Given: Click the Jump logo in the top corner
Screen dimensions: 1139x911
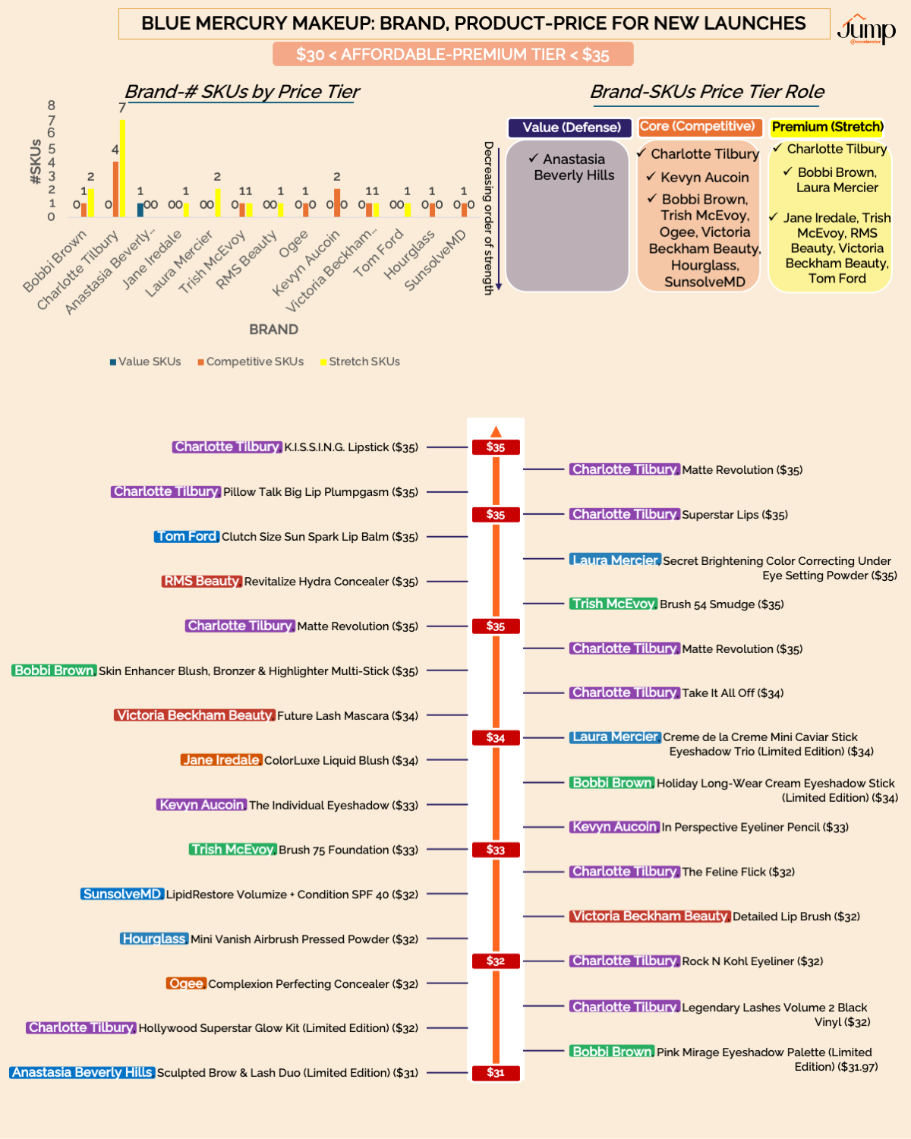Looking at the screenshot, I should click(x=866, y=29).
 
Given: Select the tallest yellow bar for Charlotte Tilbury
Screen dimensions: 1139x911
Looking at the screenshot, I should click(x=122, y=167).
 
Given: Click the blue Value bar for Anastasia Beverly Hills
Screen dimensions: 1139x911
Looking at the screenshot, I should click(x=140, y=210).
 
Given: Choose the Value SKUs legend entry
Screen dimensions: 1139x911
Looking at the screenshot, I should click(x=146, y=361).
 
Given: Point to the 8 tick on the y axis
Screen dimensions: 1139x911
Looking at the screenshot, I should click(x=52, y=106).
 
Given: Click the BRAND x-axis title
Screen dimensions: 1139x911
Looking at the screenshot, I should click(x=273, y=330).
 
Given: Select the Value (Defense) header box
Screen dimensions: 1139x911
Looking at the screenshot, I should click(x=571, y=128).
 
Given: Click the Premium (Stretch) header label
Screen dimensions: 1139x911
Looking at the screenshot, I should click(x=827, y=127).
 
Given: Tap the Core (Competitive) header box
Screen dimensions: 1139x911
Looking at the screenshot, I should click(x=698, y=127).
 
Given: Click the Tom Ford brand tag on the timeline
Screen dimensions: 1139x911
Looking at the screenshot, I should click(x=187, y=536).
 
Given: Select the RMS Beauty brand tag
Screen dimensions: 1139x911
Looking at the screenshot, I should click(x=201, y=581).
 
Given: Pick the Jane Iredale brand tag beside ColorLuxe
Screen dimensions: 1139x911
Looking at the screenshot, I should click(x=222, y=760).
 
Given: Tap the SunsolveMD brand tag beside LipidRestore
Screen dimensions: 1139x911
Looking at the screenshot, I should click(x=122, y=894).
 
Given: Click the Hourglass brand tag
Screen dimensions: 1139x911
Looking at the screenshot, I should click(x=154, y=939).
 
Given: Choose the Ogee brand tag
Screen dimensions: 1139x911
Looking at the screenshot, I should click(x=186, y=983).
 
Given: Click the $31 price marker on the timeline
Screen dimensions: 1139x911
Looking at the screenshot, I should click(x=496, y=1073).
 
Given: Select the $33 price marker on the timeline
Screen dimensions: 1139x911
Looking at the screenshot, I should click(x=496, y=850).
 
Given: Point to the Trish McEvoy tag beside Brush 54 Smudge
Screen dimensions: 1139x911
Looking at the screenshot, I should click(x=613, y=604).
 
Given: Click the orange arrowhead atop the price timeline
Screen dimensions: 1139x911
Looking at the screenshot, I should click(x=496, y=432).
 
